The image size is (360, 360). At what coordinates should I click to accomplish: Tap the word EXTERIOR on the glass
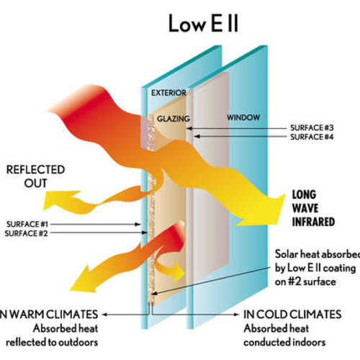point(168,93)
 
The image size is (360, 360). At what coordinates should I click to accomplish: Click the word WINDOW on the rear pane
point(243,117)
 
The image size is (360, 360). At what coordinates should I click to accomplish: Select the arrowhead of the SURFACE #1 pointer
point(142,225)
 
